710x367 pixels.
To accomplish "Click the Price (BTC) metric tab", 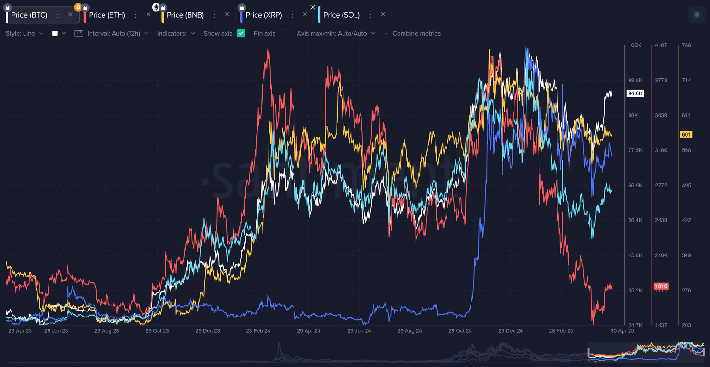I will tap(29, 15).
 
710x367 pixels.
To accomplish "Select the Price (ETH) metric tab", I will tap(107, 15).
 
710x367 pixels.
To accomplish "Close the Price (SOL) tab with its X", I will tap(383, 15).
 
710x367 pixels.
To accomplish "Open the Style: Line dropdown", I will tap(24, 33).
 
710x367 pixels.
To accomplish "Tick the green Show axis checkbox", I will tap(241, 33).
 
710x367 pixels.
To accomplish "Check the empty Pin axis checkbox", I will tap(284, 33).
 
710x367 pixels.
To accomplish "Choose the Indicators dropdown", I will tap(176, 33).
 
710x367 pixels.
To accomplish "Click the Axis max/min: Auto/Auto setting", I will tap(336, 33).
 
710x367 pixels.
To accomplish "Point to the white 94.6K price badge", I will tap(635, 93).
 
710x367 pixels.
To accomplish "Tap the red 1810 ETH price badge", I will tap(661, 286).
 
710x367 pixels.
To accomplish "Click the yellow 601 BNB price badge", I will tap(686, 135).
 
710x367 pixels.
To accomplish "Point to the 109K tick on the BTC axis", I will tap(634, 45).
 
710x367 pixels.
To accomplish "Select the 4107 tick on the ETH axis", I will tap(661, 45).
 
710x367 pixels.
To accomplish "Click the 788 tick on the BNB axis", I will tap(686, 45).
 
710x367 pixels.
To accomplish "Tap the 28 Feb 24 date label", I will tap(258, 331).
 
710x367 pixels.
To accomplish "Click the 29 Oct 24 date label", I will tap(460, 331).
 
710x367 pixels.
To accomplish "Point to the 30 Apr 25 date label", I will tap(622, 331).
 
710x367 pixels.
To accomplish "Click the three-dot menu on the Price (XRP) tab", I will tap(292, 15).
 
